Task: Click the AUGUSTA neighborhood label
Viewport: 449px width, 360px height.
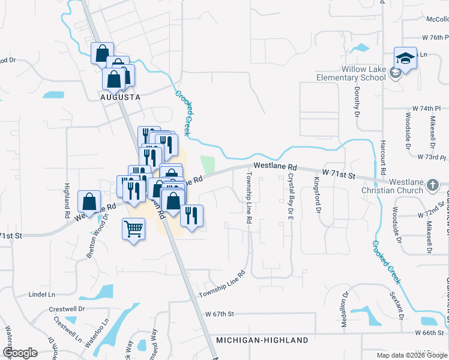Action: tap(120, 97)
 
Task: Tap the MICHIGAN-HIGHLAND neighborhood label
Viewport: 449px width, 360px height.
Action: tap(262, 340)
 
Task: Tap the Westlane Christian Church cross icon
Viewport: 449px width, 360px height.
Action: tap(432, 186)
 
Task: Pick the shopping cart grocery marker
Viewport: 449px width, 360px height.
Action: tap(133, 229)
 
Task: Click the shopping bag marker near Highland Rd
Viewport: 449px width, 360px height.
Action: tap(89, 201)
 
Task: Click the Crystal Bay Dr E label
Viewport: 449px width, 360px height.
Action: tap(291, 196)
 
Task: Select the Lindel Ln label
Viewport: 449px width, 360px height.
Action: tap(42, 295)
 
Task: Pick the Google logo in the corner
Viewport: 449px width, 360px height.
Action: tap(20, 353)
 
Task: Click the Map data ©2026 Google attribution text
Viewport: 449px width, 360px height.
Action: tap(411, 355)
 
